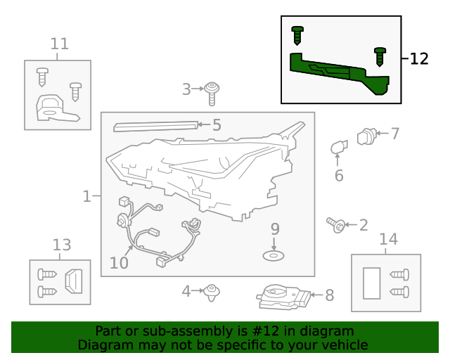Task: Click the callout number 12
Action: (418, 59)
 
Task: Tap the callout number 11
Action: (60, 44)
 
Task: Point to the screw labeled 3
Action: (212, 89)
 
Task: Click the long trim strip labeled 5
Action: (155, 126)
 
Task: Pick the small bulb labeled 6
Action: (339, 148)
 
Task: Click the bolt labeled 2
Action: (335, 225)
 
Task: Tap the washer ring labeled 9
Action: (274, 255)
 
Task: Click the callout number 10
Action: (119, 263)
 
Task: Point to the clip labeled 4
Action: (211, 291)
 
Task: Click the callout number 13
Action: (62, 245)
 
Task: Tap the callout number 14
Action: (388, 239)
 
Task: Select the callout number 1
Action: (86, 196)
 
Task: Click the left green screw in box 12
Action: (297, 33)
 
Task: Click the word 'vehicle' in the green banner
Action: (344, 345)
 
